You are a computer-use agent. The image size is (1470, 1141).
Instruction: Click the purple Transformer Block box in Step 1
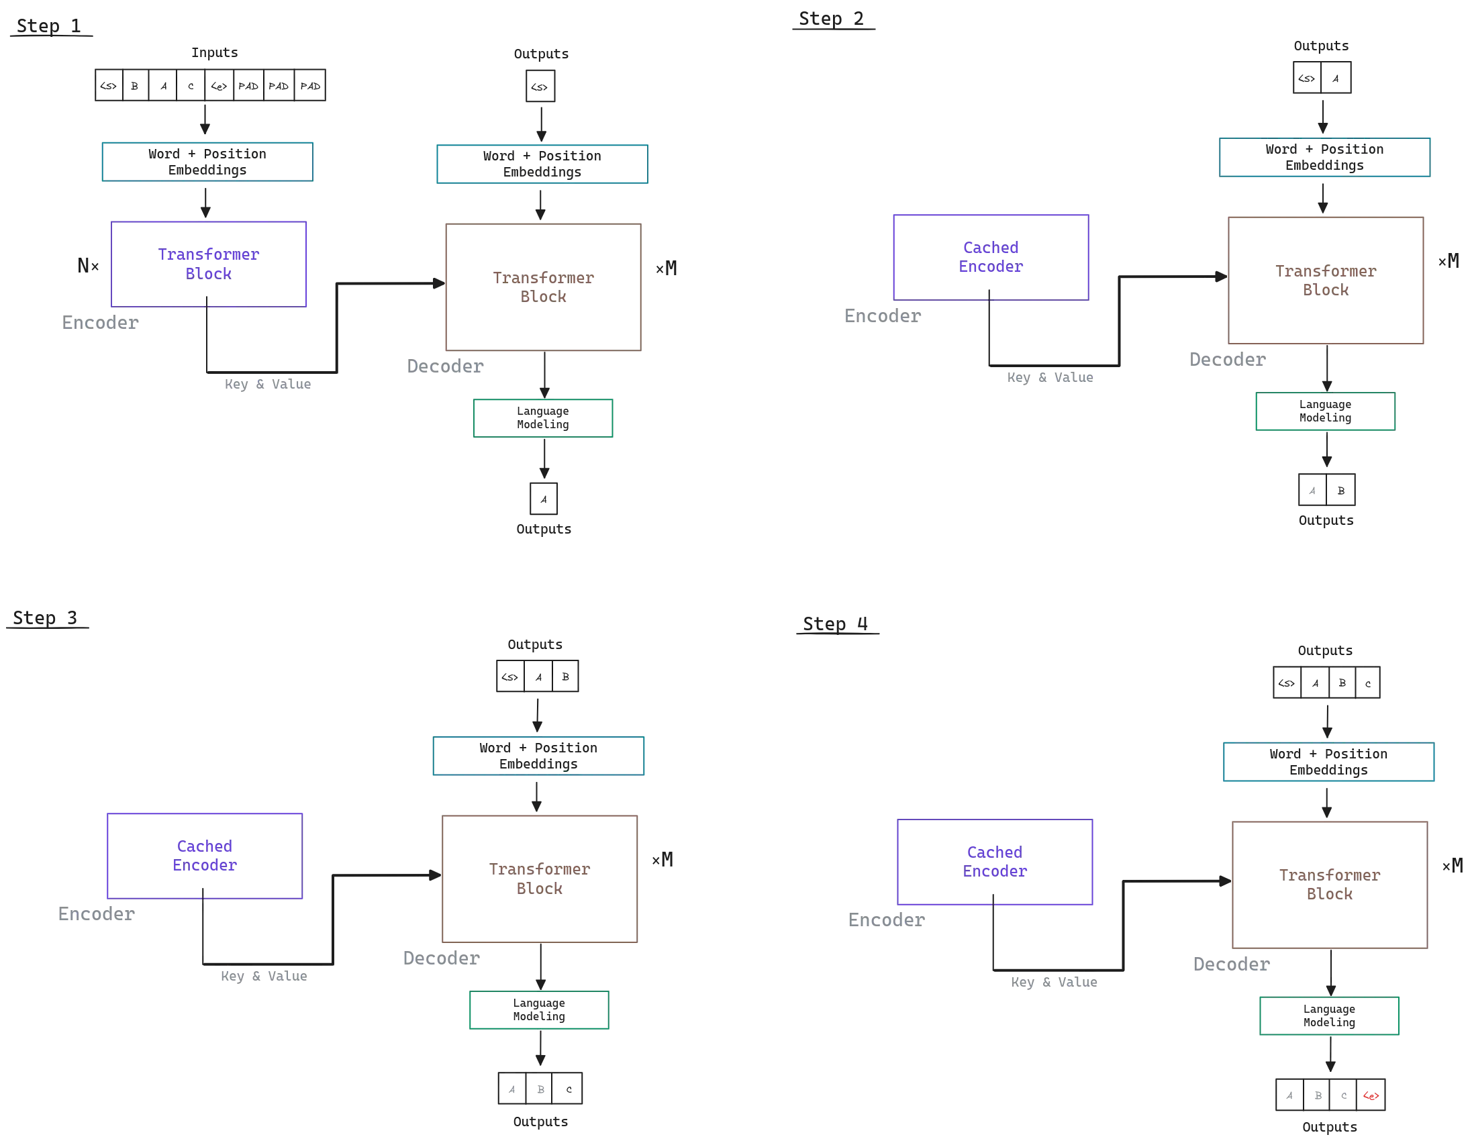click(209, 265)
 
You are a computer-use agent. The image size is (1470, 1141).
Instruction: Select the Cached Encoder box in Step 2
click(990, 256)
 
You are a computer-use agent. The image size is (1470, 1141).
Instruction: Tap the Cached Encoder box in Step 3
click(205, 856)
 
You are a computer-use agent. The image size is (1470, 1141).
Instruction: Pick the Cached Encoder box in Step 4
click(995, 862)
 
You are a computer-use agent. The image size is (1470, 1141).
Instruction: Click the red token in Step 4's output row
click(1369, 1096)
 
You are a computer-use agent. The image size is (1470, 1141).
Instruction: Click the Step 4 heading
click(836, 625)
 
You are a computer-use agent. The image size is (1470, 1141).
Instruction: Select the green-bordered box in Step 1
click(544, 419)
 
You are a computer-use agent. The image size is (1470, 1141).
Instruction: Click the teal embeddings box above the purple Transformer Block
click(207, 162)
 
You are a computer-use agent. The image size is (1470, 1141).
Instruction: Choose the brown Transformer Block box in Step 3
click(539, 878)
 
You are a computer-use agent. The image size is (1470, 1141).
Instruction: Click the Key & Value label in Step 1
click(268, 386)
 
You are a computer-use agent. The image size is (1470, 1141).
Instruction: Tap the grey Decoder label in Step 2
click(1226, 362)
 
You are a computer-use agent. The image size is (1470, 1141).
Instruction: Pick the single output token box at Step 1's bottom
click(542, 498)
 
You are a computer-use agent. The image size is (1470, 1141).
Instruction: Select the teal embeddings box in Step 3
click(539, 757)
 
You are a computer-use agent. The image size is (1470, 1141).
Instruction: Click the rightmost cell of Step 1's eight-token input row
click(310, 85)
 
